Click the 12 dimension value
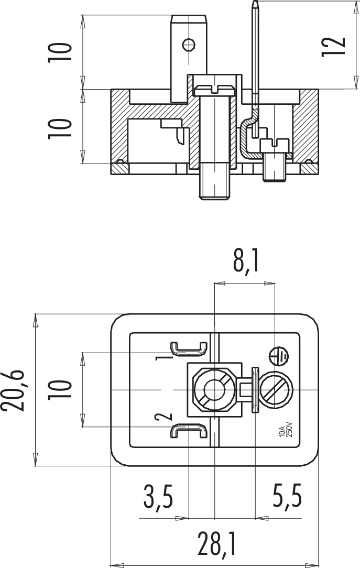click(333, 45)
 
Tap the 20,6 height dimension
click(14, 390)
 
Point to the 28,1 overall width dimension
click(217, 545)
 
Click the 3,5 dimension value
click(158, 497)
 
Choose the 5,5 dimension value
click(287, 497)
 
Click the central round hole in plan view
click(214, 390)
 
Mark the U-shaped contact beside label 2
click(188, 432)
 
